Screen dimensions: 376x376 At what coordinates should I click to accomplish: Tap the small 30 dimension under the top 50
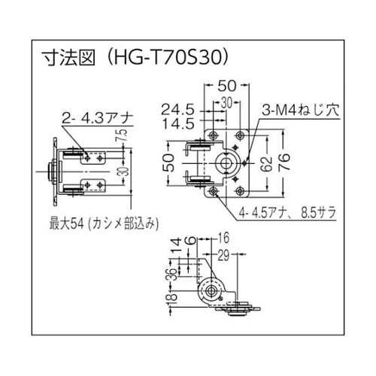click(x=224, y=102)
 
